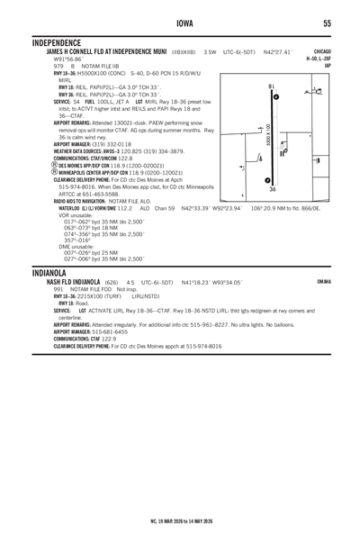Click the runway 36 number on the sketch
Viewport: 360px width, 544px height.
(x=273, y=190)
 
